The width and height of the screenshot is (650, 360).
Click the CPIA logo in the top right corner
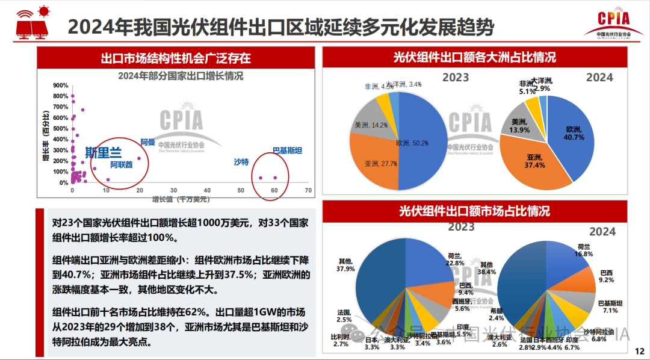tap(613, 24)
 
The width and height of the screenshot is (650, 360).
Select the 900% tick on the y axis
tap(61, 85)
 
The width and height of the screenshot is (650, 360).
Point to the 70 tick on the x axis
tap(308, 190)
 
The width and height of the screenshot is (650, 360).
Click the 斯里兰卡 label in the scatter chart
tap(104, 152)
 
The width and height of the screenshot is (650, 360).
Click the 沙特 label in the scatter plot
tap(241, 161)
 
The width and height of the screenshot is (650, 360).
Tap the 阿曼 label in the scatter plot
tap(147, 143)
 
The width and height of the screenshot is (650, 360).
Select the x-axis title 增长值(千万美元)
tap(181, 199)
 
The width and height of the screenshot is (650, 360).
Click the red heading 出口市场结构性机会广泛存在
tap(176, 58)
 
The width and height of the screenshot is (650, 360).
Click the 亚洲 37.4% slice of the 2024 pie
tap(530, 163)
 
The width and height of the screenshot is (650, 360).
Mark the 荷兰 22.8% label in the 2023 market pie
tap(455, 259)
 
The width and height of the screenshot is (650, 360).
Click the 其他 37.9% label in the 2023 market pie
tap(345, 265)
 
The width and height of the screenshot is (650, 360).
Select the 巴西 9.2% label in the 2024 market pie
tap(607, 276)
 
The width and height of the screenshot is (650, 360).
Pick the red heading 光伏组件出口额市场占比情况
tap(474, 211)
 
